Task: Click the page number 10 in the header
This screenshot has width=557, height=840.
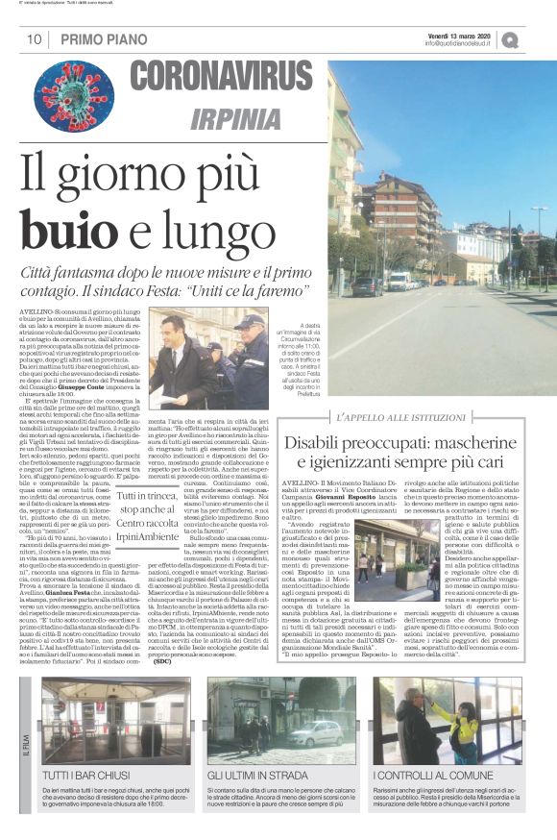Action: [x=33, y=39]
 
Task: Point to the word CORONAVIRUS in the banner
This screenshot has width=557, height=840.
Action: [x=222, y=78]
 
